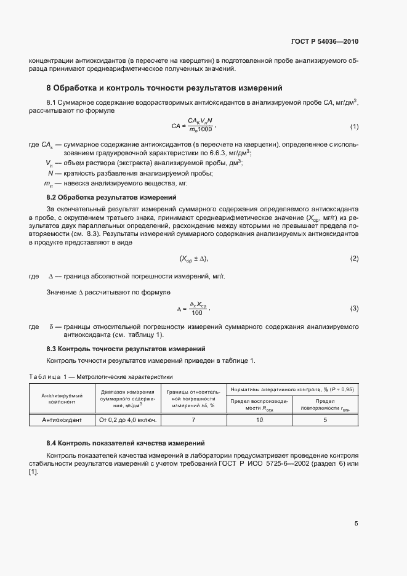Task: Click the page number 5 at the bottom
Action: coord(356,524)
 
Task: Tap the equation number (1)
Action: coord(354,126)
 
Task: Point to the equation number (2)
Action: coord(354,258)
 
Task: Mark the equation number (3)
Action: coord(354,307)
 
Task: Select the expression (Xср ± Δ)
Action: coord(198,258)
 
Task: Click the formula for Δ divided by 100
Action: coord(197,307)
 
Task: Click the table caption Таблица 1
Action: coord(101,376)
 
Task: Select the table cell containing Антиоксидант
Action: coord(58,420)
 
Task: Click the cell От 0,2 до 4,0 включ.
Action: coord(126,420)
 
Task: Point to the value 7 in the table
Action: coord(193,420)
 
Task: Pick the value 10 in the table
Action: coord(259,420)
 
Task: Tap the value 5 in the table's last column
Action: coord(325,420)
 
